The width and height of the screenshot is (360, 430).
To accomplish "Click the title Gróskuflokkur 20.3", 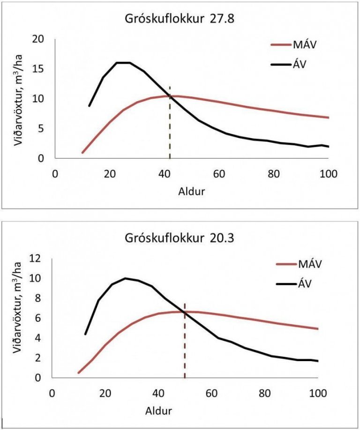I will (180, 238).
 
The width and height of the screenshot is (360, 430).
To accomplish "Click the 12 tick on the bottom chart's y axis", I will (42, 259).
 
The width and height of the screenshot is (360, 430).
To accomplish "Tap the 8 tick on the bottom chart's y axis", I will (45, 298).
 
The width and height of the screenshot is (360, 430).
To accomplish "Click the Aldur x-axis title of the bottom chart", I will (159, 411).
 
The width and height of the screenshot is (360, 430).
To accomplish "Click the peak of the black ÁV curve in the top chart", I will (123, 62).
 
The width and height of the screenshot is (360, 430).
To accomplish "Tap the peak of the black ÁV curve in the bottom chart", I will (125, 278).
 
